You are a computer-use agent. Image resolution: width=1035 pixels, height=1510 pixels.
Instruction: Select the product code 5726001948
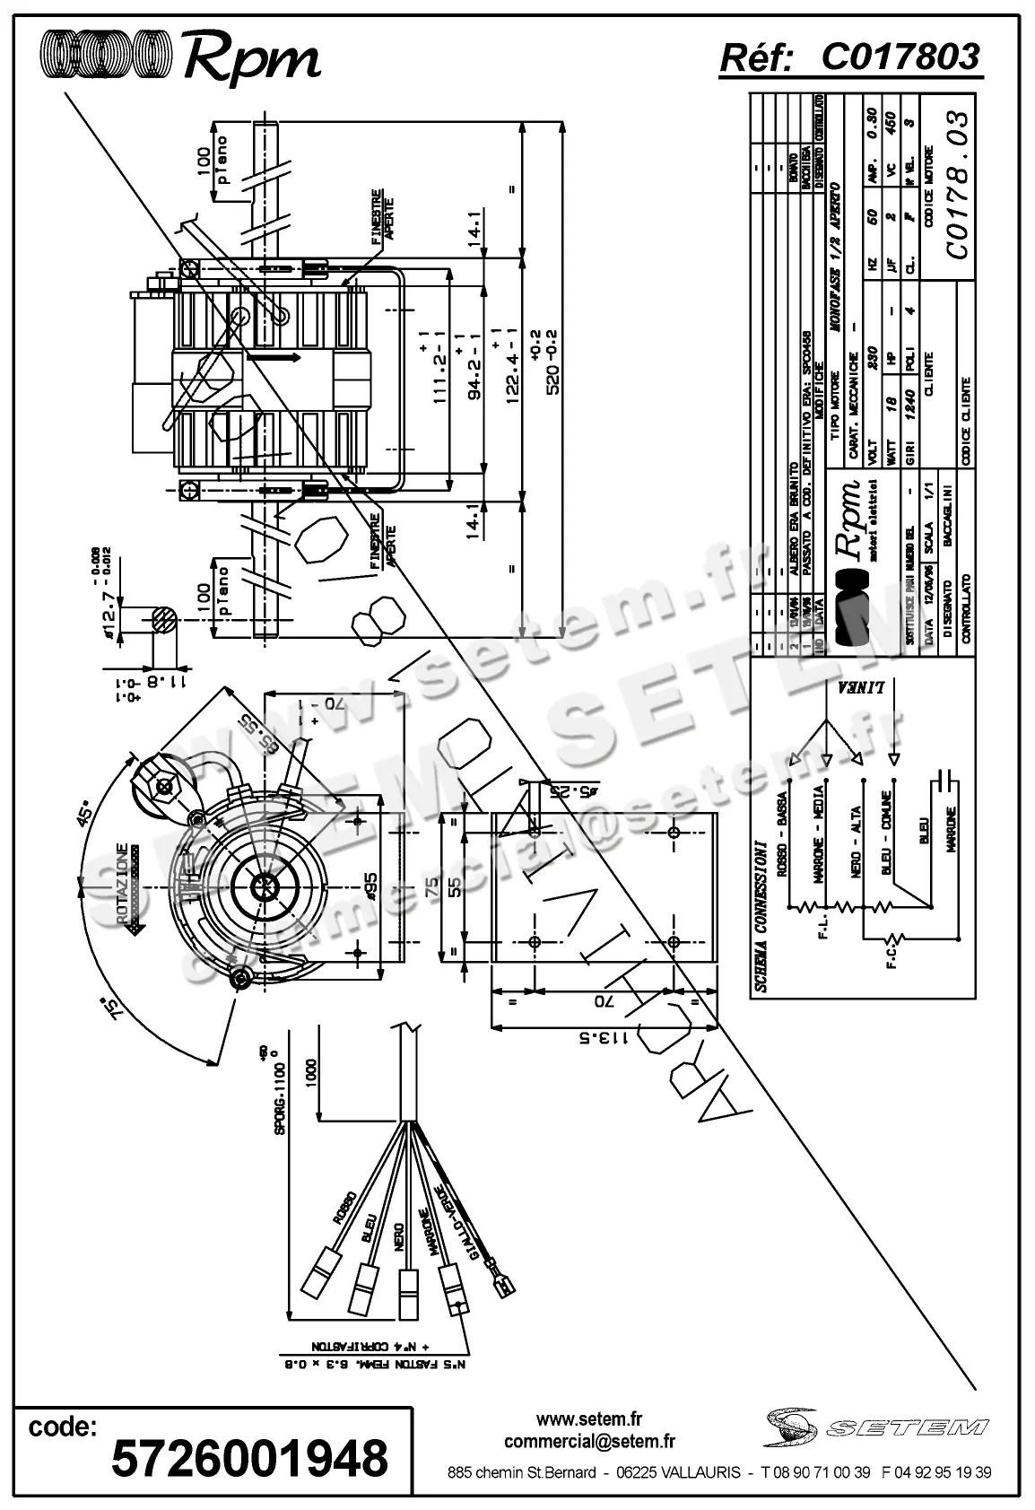pos(249,1458)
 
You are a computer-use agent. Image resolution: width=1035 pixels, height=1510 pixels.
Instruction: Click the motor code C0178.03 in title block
pos(956,186)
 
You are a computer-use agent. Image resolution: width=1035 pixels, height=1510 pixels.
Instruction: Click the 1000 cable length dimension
pos(310,1071)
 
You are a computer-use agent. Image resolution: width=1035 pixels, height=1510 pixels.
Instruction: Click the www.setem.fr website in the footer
pos(589,1419)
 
